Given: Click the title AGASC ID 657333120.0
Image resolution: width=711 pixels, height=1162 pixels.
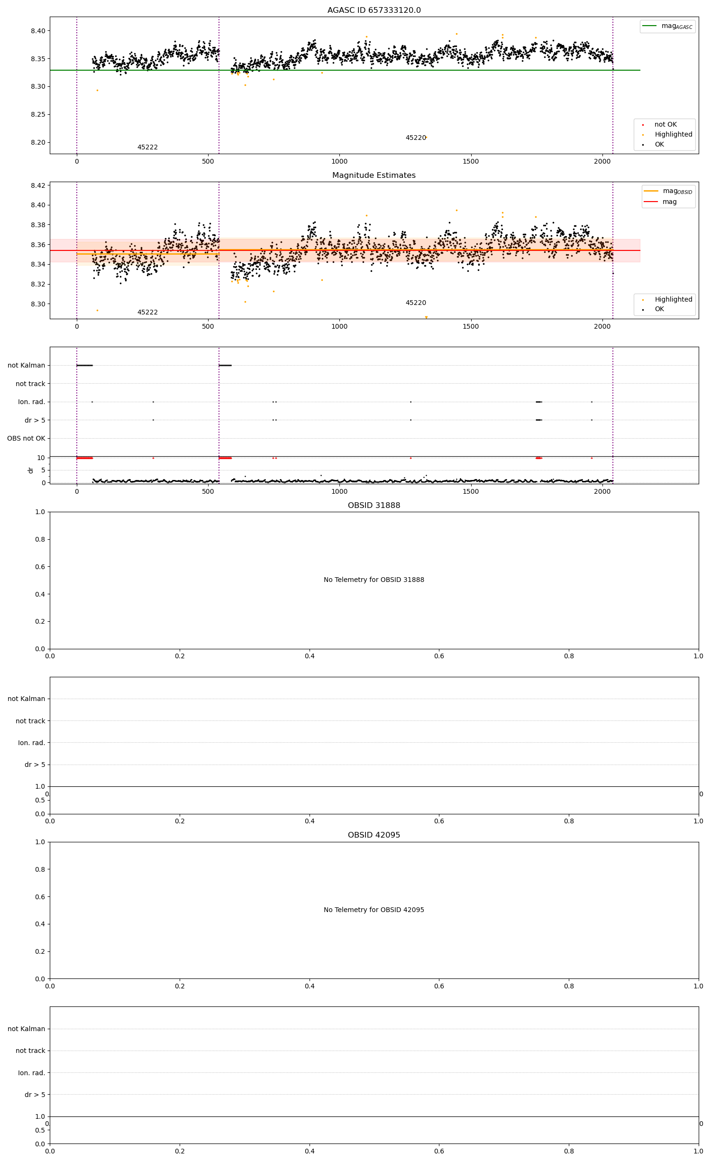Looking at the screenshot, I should coord(374,10).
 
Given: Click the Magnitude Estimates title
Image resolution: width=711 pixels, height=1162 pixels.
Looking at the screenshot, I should coord(374,175).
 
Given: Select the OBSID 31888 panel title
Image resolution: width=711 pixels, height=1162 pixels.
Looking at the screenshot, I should coord(374,506).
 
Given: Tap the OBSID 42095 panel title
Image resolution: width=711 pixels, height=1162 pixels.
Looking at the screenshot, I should coord(374,835).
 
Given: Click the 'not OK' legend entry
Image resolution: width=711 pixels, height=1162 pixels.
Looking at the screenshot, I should coord(665,125).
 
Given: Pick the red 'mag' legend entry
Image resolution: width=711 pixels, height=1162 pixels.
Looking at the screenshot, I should coord(669,202).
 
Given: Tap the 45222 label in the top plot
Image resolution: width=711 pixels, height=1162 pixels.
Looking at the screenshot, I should coord(147,148).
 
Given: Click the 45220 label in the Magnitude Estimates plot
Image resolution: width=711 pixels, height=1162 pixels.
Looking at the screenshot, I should coord(416,303).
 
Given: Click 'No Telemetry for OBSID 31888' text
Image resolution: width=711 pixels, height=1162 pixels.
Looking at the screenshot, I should coord(374,580).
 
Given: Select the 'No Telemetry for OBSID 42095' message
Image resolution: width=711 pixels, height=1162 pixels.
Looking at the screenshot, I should coord(374,910).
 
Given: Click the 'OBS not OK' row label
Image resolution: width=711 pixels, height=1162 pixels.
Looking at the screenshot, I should coord(26,438).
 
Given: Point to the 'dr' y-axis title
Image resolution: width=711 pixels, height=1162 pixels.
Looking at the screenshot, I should coord(31,470).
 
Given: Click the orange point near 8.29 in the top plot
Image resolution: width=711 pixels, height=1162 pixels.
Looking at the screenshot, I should coord(97,90).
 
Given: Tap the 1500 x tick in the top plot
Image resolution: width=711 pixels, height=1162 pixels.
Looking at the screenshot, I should coord(471,161).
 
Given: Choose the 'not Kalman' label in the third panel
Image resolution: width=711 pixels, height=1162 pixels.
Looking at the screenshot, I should coord(26,365).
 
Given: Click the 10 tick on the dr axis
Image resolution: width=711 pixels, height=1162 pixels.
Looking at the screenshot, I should coord(41,458).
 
